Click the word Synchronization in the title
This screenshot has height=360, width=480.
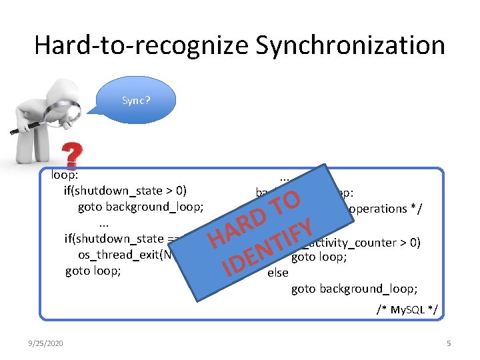350,45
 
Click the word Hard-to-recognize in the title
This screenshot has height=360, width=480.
141,45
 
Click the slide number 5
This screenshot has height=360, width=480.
449,343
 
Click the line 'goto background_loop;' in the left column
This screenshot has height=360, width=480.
141,207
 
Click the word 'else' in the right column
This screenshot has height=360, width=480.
277,273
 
